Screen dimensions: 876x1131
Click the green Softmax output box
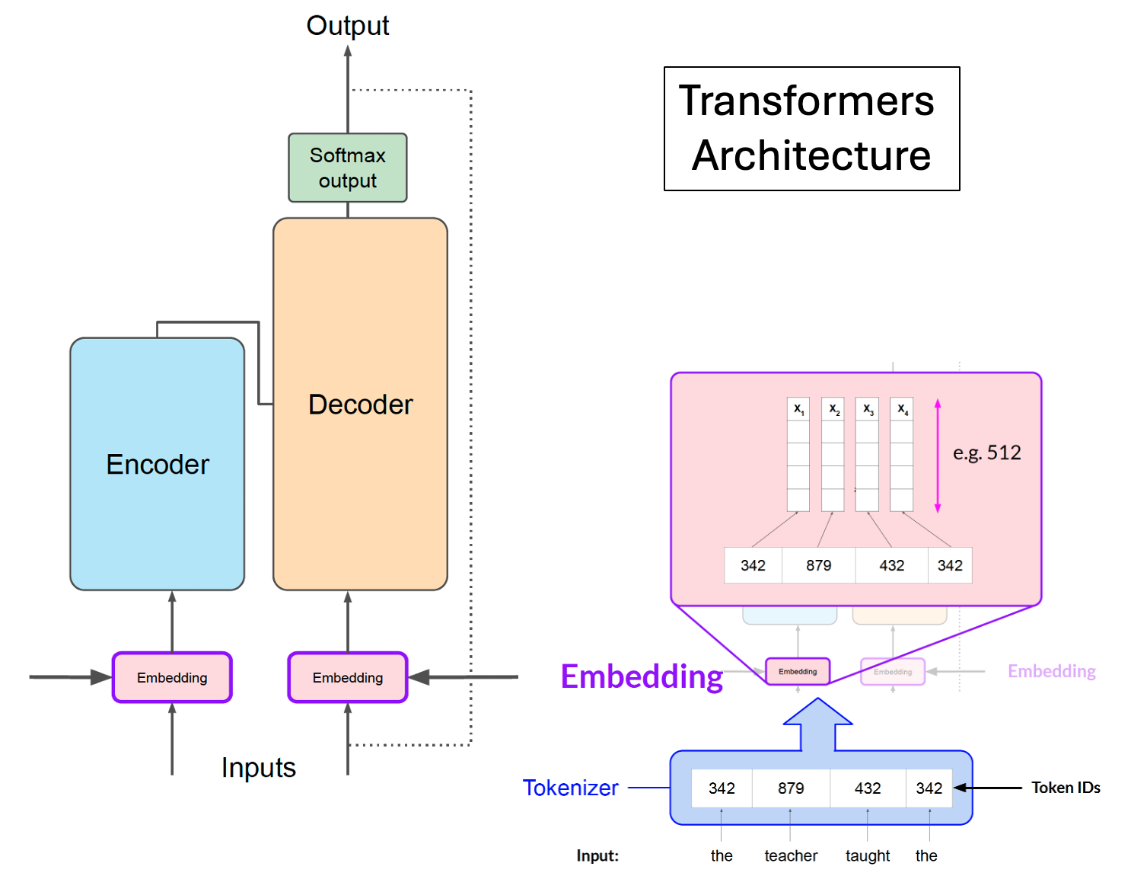pos(347,168)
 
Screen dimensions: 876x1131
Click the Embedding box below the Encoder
pos(172,677)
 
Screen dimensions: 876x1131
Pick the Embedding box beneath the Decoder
pos(348,677)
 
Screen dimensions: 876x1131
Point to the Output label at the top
pos(347,25)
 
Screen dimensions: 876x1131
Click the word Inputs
pos(258,767)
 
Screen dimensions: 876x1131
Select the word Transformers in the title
pos(806,101)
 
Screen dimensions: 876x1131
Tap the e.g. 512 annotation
pos(986,452)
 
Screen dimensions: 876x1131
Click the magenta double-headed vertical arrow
pos(938,456)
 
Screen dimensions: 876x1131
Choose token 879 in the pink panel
pos(818,565)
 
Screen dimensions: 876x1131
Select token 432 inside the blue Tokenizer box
pos(867,788)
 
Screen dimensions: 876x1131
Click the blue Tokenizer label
pos(570,788)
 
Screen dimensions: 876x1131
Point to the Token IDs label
pos(1066,788)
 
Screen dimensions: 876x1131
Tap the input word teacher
pos(791,855)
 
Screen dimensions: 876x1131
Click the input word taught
pos(868,855)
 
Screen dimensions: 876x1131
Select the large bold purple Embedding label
pos(641,676)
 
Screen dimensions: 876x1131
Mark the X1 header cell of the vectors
pos(798,409)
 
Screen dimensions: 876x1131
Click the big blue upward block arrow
pos(818,724)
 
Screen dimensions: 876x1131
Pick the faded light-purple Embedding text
pos(1051,671)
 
